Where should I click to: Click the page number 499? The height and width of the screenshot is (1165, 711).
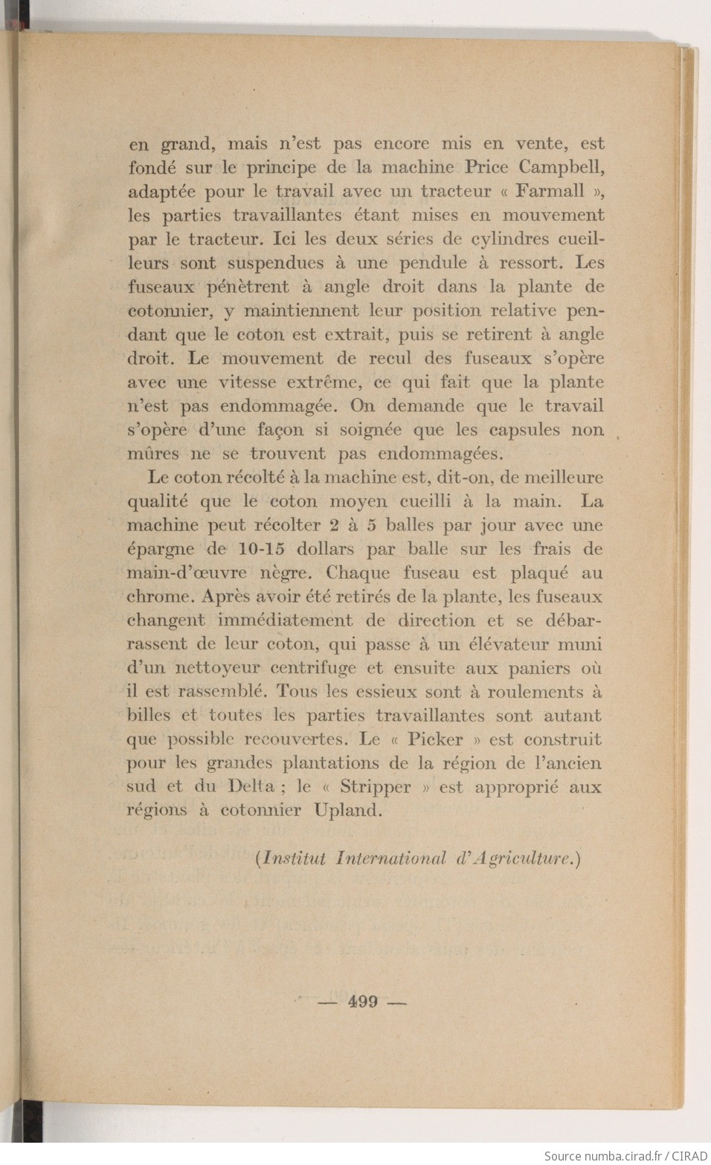362,1002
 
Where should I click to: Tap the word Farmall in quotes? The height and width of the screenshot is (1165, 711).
550,191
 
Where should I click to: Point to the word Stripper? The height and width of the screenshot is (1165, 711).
375,787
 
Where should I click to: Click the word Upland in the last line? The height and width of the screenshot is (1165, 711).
348,811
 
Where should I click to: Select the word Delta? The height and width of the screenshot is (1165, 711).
251,787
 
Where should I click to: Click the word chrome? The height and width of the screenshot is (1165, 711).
158,597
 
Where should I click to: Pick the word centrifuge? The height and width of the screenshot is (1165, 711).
313,668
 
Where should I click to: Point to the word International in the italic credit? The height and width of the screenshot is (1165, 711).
390,858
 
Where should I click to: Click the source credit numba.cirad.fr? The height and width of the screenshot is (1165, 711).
625,1156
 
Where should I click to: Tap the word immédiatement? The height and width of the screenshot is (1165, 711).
285,620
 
